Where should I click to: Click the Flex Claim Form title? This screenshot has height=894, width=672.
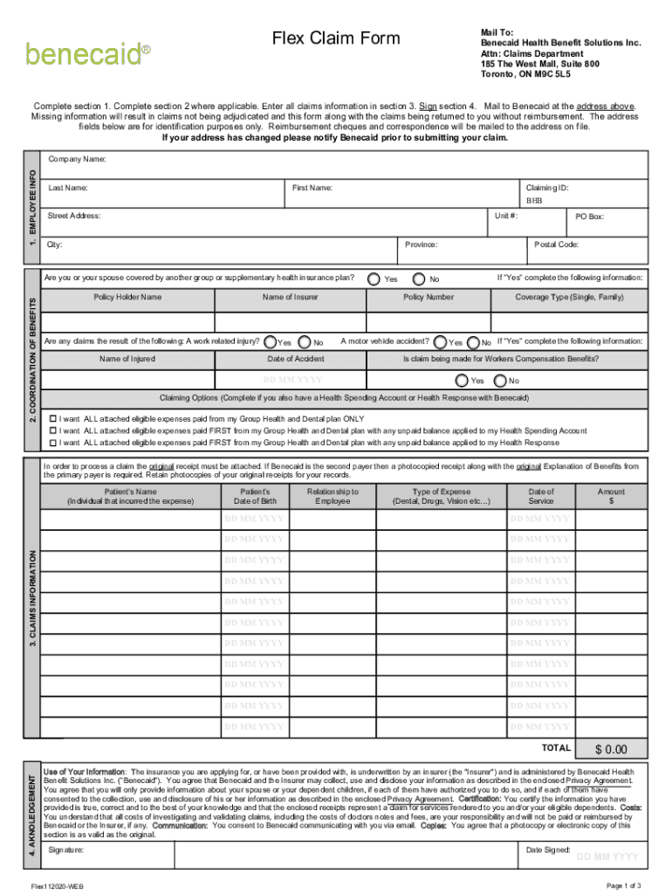336,38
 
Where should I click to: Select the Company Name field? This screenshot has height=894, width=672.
345,165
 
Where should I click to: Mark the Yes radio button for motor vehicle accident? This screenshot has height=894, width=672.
439,342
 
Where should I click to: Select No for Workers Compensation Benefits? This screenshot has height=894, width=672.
499,381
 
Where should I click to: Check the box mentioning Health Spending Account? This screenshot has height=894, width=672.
53,431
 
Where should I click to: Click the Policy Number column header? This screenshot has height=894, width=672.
428,298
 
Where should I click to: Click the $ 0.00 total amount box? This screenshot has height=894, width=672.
611,749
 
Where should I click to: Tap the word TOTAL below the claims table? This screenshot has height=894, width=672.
556,748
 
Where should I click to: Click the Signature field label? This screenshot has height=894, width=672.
66,849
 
